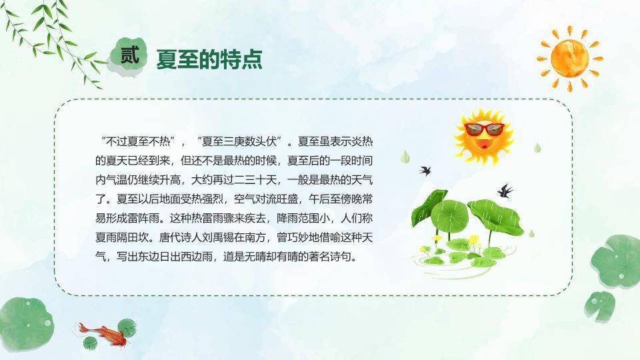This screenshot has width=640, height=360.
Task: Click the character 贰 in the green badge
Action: pyautogui.click(x=130, y=55)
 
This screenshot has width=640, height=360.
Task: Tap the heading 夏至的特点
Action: pyautogui.click(x=209, y=59)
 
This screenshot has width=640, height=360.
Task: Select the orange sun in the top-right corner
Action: pyautogui.click(x=570, y=59)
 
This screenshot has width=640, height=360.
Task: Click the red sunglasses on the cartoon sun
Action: pyautogui.click(x=485, y=129)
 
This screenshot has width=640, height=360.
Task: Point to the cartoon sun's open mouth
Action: pyautogui.click(x=485, y=144)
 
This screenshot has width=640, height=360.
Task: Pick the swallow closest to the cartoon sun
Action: pyautogui.click(x=425, y=171)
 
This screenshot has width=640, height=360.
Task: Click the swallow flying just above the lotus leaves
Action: pyautogui.click(x=505, y=191)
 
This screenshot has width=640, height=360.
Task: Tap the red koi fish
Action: pyautogui.click(x=102, y=334)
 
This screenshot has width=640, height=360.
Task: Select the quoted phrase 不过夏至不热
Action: pyautogui.click(x=137, y=141)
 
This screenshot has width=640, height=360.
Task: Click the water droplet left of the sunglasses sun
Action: pyautogui.click(x=405, y=157)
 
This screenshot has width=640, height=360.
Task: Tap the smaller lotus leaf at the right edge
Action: pyautogui.click(x=599, y=306)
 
